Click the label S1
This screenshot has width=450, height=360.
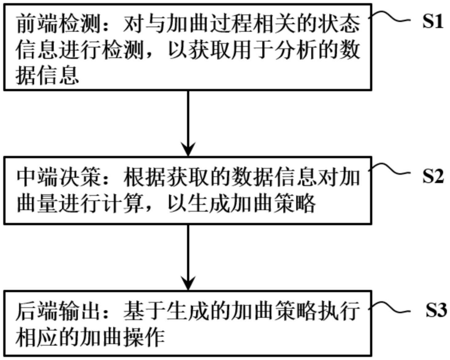(433, 24)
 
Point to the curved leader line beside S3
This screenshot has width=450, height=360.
(392, 307)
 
